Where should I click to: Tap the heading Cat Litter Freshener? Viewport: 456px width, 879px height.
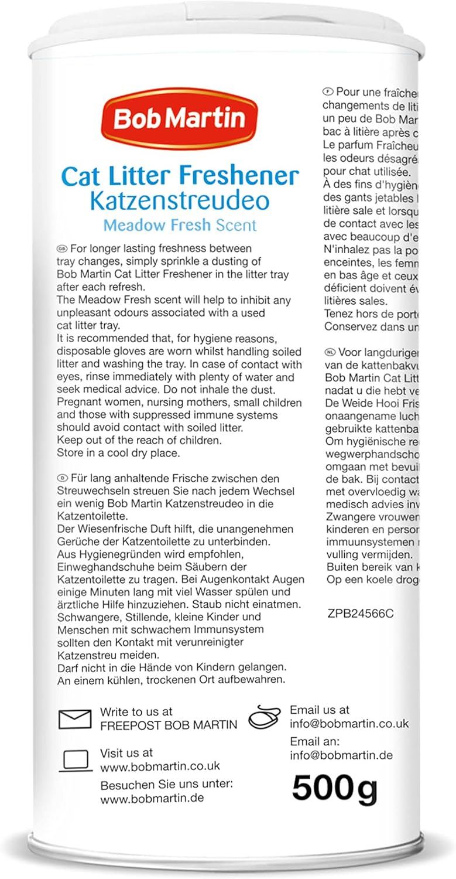tap(180, 176)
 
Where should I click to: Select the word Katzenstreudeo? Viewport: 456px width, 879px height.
tap(180, 200)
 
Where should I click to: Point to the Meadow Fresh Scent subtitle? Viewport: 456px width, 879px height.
tap(180, 225)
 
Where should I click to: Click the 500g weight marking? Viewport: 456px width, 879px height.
tap(335, 788)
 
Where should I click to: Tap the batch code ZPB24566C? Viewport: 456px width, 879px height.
tap(361, 614)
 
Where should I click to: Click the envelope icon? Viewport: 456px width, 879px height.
tap(75, 718)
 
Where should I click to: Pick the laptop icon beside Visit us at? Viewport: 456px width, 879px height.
tap(76, 761)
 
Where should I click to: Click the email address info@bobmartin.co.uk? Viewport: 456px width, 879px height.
tap(349, 724)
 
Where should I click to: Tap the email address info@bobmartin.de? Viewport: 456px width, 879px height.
tap(341, 755)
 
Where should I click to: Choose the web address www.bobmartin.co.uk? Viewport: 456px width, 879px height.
tap(160, 766)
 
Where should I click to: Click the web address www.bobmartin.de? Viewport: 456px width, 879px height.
tap(152, 798)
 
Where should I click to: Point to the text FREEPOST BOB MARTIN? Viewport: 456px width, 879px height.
tap(169, 725)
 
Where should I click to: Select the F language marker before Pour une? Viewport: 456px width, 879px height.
tap(328, 92)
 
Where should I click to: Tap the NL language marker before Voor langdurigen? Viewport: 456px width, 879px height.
tap(330, 353)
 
